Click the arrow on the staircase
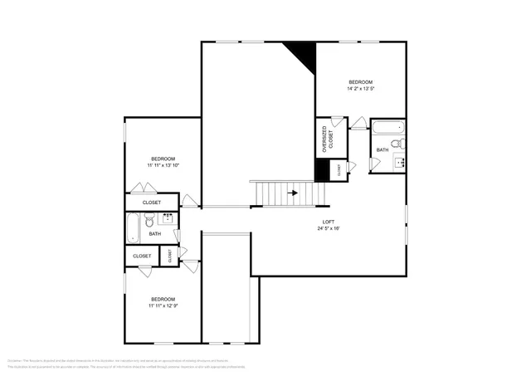tap(292, 193)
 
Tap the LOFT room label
tap(329, 222)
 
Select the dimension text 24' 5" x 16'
tap(329, 228)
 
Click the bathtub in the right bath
tap(387, 129)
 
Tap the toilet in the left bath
tap(150, 221)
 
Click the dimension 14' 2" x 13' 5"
tap(360, 88)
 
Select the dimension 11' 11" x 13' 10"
tap(163, 165)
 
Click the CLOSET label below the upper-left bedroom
tap(152, 203)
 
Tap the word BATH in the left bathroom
tap(155, 234)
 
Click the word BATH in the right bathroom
tap(382, 149)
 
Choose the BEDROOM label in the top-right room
tap(360, 81)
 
